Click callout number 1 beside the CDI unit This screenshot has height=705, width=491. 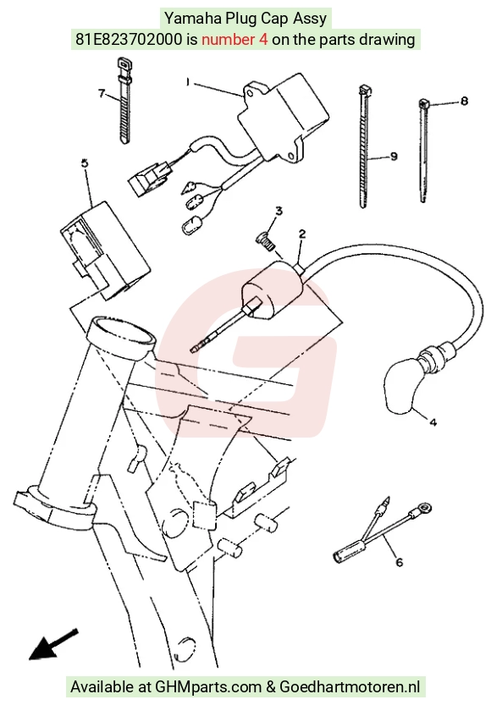click(x=188, y=82)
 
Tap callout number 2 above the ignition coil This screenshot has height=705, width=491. click(x=302, y=234)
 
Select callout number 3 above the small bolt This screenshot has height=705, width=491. click(x=279, y=211)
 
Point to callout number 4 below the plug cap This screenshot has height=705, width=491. click(x=433, y=422)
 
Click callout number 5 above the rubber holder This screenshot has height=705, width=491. click(x=85, y=163)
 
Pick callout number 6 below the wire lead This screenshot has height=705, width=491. click(x=400, y=562)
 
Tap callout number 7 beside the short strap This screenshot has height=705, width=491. click(x=102, y=93)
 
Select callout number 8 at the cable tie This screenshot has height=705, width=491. click(x=464, y=101)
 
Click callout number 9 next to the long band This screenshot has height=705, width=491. click(x=394, y=157)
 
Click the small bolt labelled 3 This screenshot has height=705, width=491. click(x=265, y=240)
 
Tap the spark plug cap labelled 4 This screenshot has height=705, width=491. click(x=403, y=386)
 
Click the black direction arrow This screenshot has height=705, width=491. click(x=53, y=644)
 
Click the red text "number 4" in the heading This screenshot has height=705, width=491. click(x=234, y=40)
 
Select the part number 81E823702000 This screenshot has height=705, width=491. click(x=129, y=40)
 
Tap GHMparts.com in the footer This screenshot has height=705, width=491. click(x=207, y=687)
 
